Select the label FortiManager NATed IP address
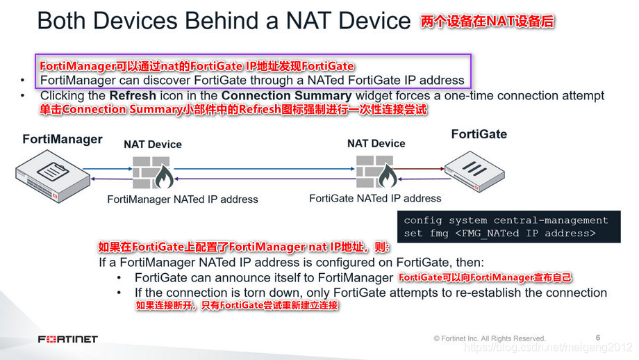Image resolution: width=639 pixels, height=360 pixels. point(183,199)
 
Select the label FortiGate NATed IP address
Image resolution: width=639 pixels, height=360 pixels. point(375,198)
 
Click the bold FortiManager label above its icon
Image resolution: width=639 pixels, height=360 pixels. point(62,139)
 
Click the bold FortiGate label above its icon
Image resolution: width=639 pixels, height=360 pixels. point(479,134)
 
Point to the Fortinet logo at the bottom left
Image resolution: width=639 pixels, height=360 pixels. point(67,339)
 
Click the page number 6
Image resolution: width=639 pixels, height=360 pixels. point(598,338)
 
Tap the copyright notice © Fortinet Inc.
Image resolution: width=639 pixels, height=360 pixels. point(490,338)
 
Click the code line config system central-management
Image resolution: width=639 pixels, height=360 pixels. point(506,220)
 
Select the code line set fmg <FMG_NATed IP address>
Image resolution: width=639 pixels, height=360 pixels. point(499,234)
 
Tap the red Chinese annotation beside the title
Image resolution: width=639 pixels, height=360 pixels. point(487,22)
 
